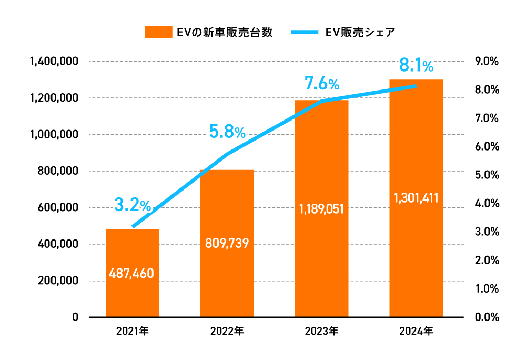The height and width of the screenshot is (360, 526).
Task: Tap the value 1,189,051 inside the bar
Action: (321, 209)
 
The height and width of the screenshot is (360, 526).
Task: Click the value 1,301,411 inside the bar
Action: (416, 198)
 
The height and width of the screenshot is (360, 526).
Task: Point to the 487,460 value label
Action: (132, 274)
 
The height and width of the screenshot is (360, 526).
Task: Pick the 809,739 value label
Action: (227, 243)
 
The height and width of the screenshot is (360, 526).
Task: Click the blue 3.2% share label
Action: (133, 205)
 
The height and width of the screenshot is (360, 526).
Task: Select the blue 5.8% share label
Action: (227, 132)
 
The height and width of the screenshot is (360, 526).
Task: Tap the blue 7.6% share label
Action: (321, 83)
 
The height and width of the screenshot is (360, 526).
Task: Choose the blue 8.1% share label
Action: (416, 65)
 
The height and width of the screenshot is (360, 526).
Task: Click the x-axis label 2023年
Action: (321, 332)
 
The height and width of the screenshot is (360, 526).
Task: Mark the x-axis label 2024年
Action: (416, 332)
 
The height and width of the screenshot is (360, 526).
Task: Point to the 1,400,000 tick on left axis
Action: (54, 62)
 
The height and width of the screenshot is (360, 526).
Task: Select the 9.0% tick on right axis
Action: (486, 62)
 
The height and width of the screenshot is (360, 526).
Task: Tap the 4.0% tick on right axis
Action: (486, 204)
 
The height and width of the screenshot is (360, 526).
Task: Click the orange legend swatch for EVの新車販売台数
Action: (158, 32)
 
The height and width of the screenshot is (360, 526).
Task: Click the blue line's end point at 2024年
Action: (416, 86)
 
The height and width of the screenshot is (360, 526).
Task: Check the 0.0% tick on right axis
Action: (486, 317)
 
